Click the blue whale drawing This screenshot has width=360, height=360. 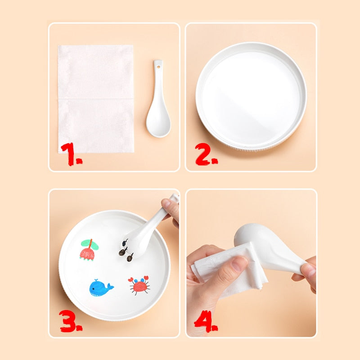100,288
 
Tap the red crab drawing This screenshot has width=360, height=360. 139,285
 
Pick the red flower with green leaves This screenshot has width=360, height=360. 89,250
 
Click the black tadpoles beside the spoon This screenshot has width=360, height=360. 126,251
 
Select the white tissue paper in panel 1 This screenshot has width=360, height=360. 96,99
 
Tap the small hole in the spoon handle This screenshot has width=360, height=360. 158,67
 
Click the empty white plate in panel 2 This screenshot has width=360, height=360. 251,96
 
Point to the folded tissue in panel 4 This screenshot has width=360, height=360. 229,269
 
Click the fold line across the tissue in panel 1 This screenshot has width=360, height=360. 96,99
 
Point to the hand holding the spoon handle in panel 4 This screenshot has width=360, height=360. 306,273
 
